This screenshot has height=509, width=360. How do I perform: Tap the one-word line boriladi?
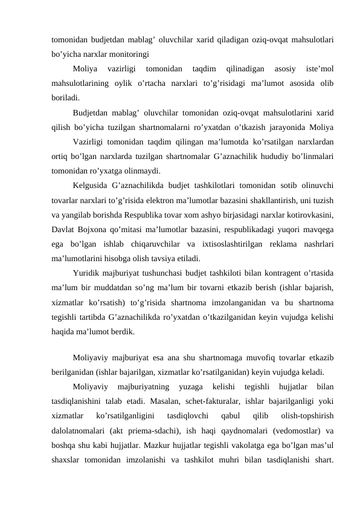pyautogui.click(x=65, y=97)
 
